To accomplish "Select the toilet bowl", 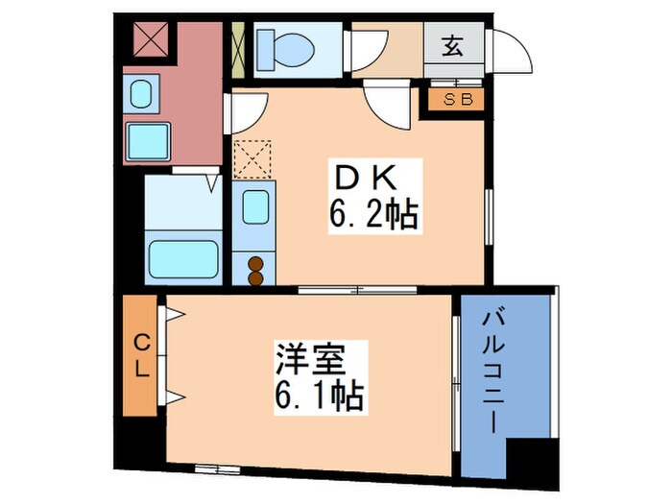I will coord(284,45).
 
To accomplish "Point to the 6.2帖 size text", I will coord(374,216).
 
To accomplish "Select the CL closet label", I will coord(140,355).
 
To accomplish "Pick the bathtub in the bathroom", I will coord(184,258).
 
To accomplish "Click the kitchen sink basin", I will coord(253,207).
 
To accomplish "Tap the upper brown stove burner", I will coord(256,261).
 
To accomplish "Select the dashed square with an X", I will coord(253,159).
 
